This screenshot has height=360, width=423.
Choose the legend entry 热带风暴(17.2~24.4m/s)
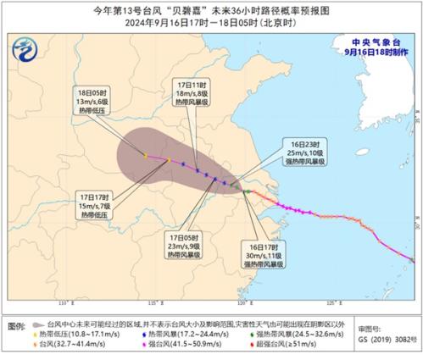176,333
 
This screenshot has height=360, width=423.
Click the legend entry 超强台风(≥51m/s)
270,345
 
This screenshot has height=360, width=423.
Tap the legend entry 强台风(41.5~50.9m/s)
176,345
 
